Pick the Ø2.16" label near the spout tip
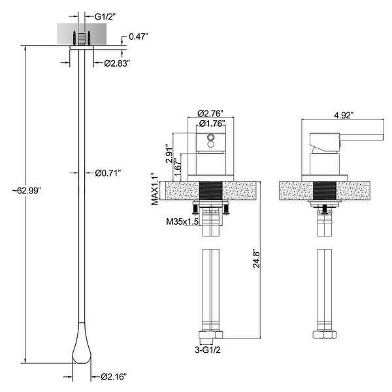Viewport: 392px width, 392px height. (114, 376)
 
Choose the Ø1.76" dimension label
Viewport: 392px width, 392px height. (212, 123)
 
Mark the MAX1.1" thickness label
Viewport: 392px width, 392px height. (156, 189)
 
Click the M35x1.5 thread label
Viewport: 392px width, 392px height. (183, 221)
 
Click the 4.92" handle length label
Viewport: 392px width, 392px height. (342, 116)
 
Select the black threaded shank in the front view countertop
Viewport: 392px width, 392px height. (212, 193)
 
